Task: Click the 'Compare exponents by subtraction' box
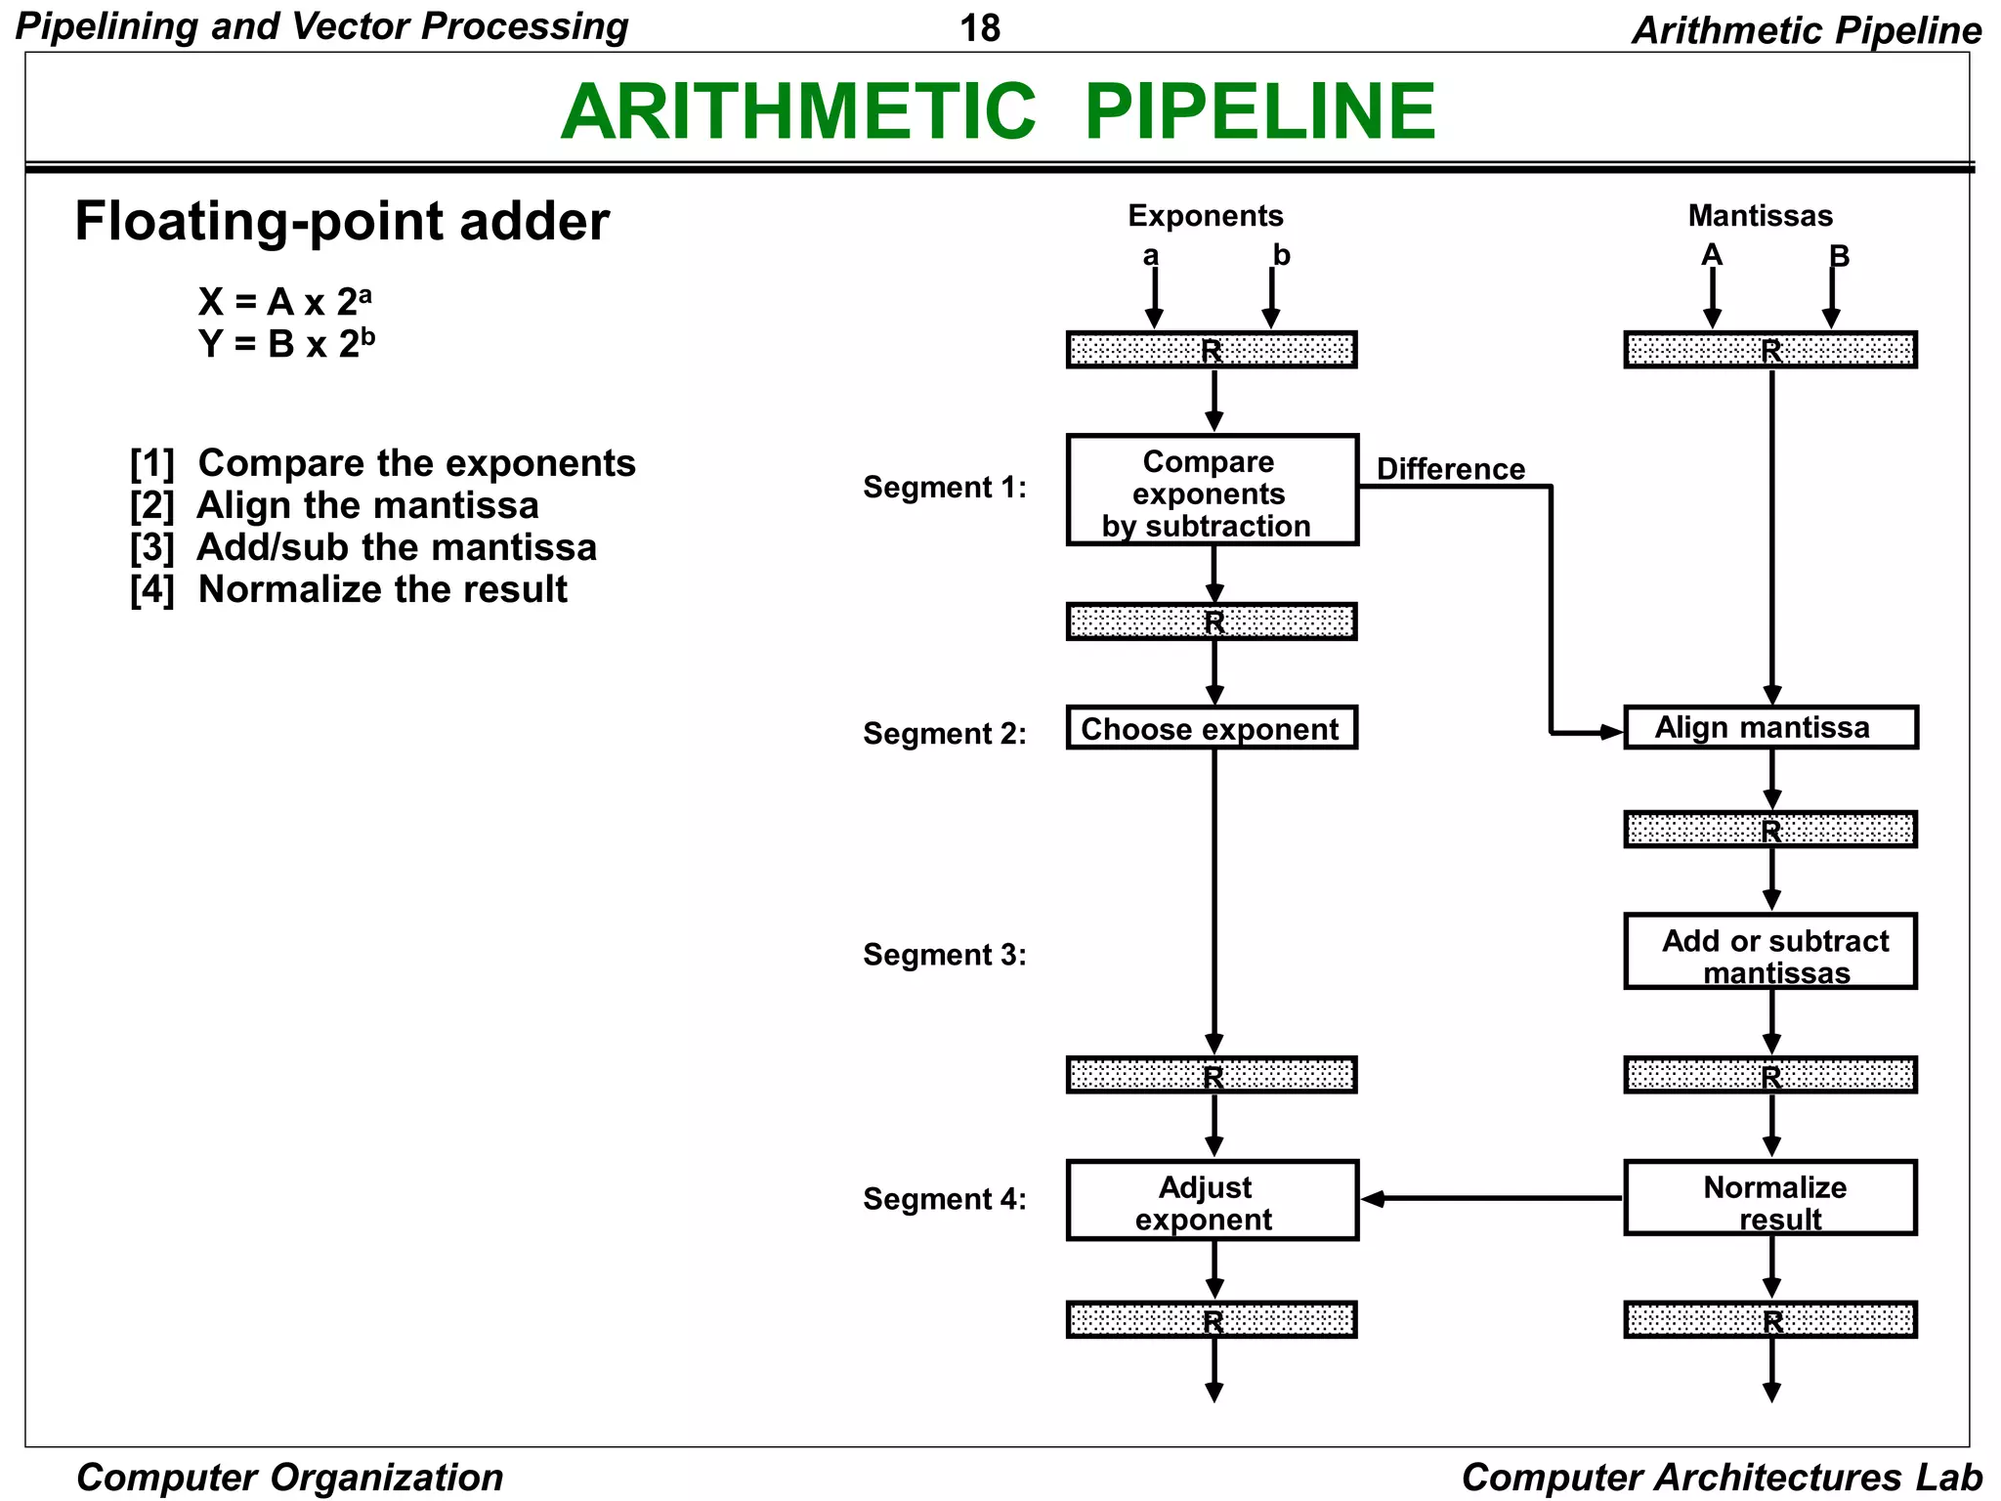[1212, 491]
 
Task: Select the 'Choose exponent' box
[1212, 728]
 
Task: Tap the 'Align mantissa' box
[1769, 728]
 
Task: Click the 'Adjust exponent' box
[1212, 1201]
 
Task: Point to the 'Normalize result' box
[1769, 1199]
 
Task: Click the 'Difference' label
[1450, 469]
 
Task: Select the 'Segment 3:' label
[944, 955]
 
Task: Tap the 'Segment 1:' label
[944, 487]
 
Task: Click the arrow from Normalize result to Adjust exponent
[1495, 1198]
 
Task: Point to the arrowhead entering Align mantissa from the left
[1609, 732]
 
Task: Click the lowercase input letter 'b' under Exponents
[1281, 255]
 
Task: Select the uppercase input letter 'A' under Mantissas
[1711, 255]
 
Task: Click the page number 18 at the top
[980, 28]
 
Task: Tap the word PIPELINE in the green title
[1259, 111]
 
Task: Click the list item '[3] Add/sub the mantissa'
[362, 547]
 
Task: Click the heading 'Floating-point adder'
[342, 221]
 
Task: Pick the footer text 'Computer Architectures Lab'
[1721, 1477]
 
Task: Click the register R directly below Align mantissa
[1769, 830]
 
